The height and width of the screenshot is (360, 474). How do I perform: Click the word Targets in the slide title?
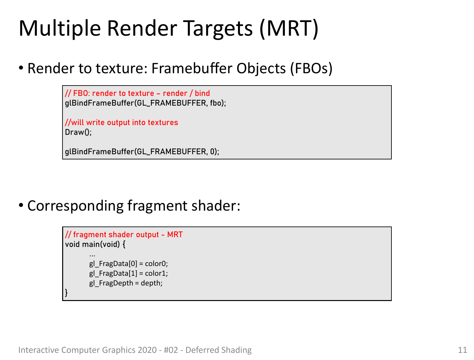(x=218, y=29)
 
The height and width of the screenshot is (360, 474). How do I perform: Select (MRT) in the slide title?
(x=289, y=29)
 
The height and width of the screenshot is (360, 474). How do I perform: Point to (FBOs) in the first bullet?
(x=311, y=69)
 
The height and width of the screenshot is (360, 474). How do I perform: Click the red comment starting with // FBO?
(x=137, y=93)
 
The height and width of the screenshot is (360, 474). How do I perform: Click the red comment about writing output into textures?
(x=121, y=122)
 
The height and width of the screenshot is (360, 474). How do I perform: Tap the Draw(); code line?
(x=78, y=132)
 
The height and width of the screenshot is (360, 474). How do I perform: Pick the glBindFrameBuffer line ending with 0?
(x=142, y=151)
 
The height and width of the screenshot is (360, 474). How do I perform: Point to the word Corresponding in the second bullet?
(x=75, y=206)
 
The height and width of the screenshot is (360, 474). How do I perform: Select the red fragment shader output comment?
(x=124, y=235)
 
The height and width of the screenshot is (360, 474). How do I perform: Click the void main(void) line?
(x=95, y=244)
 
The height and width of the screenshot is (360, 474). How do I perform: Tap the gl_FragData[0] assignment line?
(x=129, y=264)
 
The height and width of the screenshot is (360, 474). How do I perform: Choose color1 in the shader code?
(x=155, y=273)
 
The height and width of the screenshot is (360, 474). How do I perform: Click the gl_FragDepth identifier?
(x=111, y=283)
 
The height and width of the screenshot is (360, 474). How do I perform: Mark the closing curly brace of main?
(x=66, y=293)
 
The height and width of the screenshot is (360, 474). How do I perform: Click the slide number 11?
(x=462, y=350)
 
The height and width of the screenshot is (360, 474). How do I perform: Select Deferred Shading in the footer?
(x=218, y=350)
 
